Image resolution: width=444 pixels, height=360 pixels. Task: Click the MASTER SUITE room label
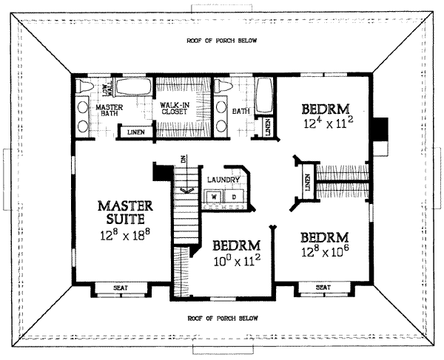coord(126,212)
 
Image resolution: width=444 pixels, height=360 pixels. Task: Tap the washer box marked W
coord(214,197)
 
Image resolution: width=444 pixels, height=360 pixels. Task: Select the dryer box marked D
coord(235,197)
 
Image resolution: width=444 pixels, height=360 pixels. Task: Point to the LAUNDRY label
coord(223,180)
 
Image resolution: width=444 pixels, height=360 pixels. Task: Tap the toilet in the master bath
coord(84,86)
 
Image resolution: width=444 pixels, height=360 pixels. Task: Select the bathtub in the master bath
coord(133,86)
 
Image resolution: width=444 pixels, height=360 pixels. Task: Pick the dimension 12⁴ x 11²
coord(329,123)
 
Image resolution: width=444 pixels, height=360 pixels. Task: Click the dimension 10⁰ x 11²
coord(238,261)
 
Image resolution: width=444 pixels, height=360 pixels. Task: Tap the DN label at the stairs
coord(184,159)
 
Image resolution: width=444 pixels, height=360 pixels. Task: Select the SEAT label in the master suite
coord(121,288)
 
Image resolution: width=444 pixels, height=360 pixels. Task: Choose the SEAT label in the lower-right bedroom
coord(323,288)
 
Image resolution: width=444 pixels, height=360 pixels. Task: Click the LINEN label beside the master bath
coord(136,132)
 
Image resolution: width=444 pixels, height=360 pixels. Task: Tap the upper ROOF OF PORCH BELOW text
coord(222,41)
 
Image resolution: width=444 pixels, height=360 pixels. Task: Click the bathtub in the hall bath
coord(264,95)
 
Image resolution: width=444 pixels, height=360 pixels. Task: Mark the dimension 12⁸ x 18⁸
coord(125,235)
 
